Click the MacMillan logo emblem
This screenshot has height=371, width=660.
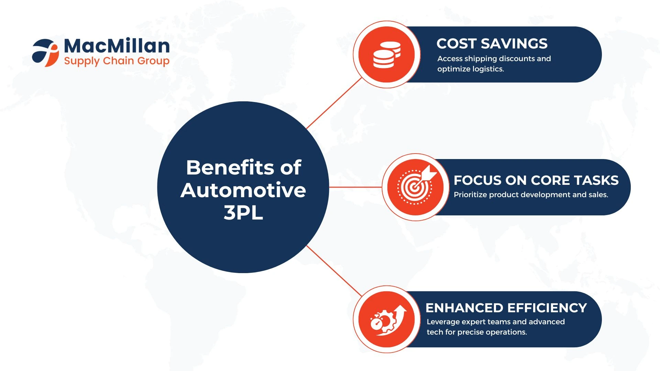[45, 53]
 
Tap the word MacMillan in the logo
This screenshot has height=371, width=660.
[117, 46]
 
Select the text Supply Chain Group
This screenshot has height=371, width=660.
[117, 61]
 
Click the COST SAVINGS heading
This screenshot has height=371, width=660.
[492, 44]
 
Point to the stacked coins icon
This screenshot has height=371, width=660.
[387, 55]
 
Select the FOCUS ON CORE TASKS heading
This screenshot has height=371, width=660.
[536, 180]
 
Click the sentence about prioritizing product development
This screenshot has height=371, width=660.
[531, 195]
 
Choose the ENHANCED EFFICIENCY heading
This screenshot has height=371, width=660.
[506, 308]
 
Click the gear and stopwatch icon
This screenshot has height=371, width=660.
[388, 320]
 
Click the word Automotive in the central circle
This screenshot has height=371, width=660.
[243, 190]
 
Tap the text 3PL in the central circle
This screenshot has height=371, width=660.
[243, 213]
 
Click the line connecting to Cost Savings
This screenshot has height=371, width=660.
[334, 103]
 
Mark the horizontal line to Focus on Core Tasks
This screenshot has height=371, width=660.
[355, 187]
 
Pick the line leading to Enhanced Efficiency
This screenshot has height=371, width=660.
[334, 271]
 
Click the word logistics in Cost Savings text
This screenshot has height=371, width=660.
[488, 69]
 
